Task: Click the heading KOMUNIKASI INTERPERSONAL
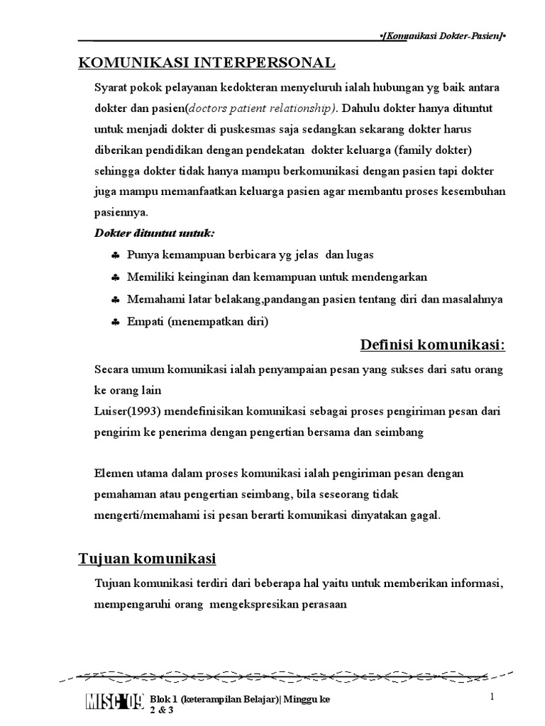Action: (207, 63)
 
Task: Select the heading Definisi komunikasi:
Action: (433, 345)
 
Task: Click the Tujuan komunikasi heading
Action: (147, 559)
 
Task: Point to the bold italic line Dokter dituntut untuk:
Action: (155, 233)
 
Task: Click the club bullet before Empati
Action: (115, 323)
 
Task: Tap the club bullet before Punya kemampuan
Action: (115, 255)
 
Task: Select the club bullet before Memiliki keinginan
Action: (115, 277)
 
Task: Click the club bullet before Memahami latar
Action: (115, 300)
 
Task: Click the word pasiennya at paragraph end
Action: (121, 212)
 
